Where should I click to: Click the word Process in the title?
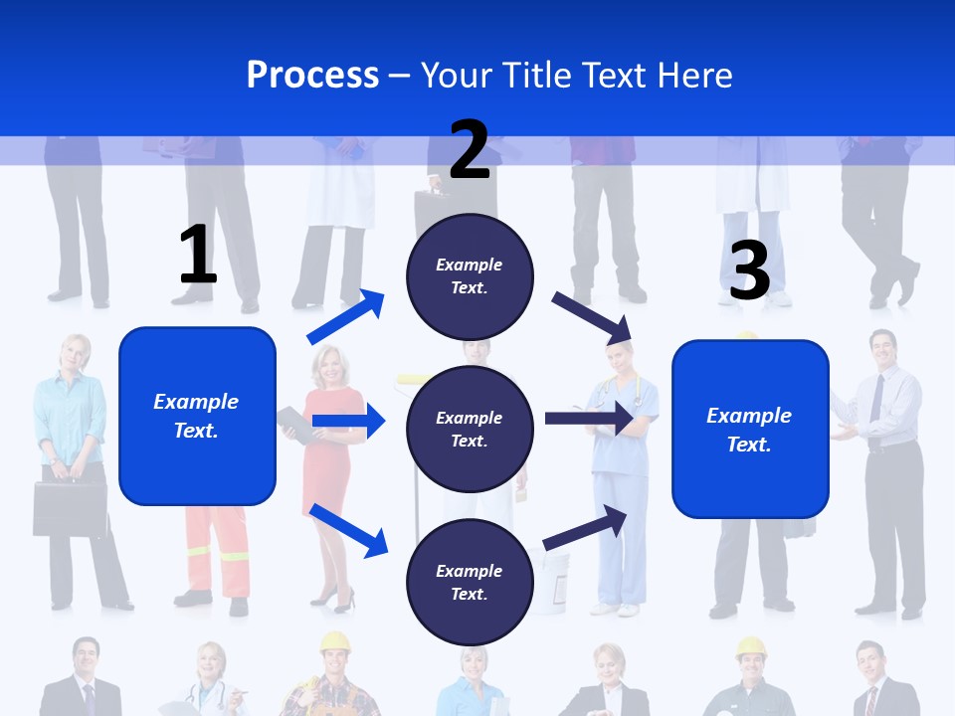tap(312, 75)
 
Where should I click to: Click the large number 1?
tap(198, 255)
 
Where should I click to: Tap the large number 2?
tap(470, 149)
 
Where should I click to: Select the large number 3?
tap(749, 269)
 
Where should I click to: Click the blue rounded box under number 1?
tap(197, 416)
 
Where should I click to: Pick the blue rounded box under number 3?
tap(750, 429)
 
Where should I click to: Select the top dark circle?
tap(470, 276)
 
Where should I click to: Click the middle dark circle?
tap(470, 429)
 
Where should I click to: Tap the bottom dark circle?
tap(470, 582)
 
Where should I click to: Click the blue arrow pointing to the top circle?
tap(346, 316)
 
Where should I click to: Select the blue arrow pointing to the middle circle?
tap(348, 422)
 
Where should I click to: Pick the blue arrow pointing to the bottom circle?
tap(348, 529)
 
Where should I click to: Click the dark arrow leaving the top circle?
tap(593, 317)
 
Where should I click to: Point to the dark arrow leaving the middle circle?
tap(588, 419)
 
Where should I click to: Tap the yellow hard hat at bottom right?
tap(751, 649)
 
